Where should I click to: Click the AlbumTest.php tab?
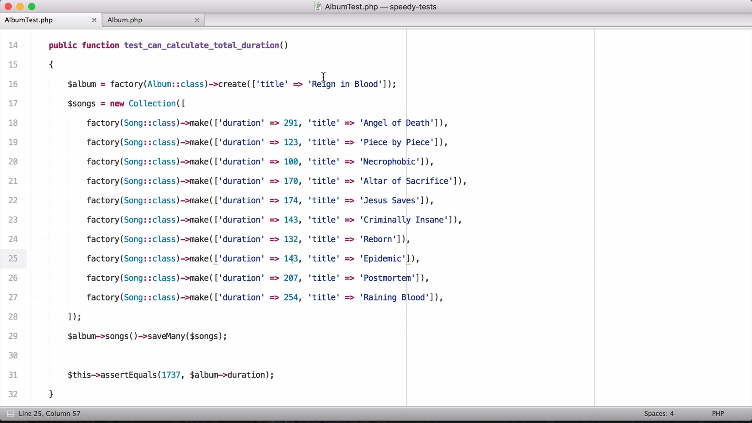coord(50,20)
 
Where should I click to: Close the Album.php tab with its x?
coord(197,20)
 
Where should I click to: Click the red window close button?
coord(8,7)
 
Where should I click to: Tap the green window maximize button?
coord(32,7)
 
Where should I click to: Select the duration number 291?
coord(291,123)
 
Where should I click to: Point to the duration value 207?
coord(291,278)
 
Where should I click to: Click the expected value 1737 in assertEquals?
coord(171,375)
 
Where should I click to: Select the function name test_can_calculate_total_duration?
coord(201,45)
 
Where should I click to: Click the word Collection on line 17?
coord(152,103)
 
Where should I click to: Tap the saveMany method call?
coord(166,336)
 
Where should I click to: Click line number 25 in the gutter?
coord(13,258)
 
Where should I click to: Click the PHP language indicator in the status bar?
coord(718,414)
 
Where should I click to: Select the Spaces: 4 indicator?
coord(659,414)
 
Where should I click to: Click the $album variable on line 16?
coord(82,84)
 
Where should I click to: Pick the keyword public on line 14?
coord(63,45)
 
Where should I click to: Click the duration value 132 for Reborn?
coord(291,239)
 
